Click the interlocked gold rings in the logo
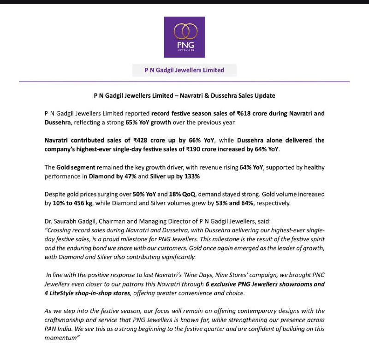click(185, 31)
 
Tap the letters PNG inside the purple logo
click(185, 46)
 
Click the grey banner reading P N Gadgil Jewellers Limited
click(184, 70)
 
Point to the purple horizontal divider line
click(184, 82)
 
